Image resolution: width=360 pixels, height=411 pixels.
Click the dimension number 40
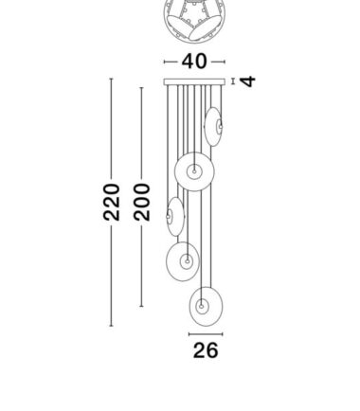[194, 62]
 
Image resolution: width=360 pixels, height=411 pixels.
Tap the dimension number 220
[112, 202]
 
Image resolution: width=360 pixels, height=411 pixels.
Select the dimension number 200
[141, 202]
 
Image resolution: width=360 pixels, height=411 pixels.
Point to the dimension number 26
[206, 350]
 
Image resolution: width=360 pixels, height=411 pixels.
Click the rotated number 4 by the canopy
[247, 81]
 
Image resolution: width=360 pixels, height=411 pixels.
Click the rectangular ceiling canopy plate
[194, 82]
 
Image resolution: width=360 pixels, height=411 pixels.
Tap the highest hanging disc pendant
[213, 126]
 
